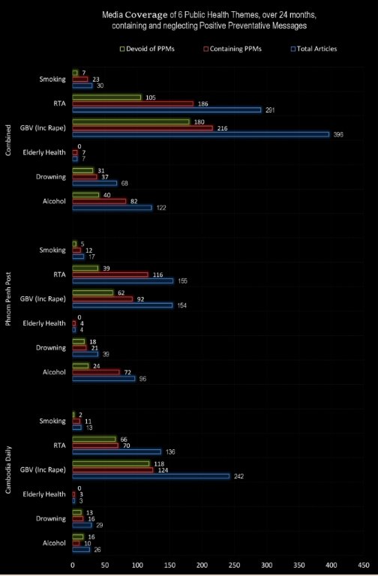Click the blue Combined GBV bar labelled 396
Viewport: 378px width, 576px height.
click(x=200, y=134)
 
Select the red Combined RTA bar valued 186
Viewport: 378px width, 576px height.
click(x=133, y=103)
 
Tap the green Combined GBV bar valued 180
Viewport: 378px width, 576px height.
click(x=130, y=122)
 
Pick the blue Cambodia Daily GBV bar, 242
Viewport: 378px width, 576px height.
click(x=151, y=476)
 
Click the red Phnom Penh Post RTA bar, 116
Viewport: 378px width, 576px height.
click(x=110, y=274)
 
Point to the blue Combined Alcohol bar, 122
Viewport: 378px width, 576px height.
click(x=112, y=208)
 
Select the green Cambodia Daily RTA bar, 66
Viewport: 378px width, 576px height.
click(x=94, y=439)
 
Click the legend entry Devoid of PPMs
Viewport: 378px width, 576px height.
click(x=147, y=49)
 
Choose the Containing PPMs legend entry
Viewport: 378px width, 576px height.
click(x=232, y=49)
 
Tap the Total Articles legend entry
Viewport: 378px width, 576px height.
click(x=313, y=49)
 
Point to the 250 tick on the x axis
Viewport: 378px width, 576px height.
click(x=234, y=565)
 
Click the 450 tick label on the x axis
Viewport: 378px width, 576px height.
click(x=364, y=565)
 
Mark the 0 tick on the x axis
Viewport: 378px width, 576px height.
click(x=72, y=565)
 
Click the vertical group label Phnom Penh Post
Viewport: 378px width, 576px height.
click(x=8, y=298)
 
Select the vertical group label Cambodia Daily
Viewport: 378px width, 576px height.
click(x=8, y=469)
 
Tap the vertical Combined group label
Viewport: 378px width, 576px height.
click(x=8, y=140)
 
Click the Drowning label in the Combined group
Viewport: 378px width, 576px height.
click(x=51, y=177)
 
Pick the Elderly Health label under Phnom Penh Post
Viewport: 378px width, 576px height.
click(x=44, y=323)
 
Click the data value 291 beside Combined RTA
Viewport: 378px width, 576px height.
click(x=270, y=109)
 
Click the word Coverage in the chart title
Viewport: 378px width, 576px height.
click(x=146, y=16)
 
